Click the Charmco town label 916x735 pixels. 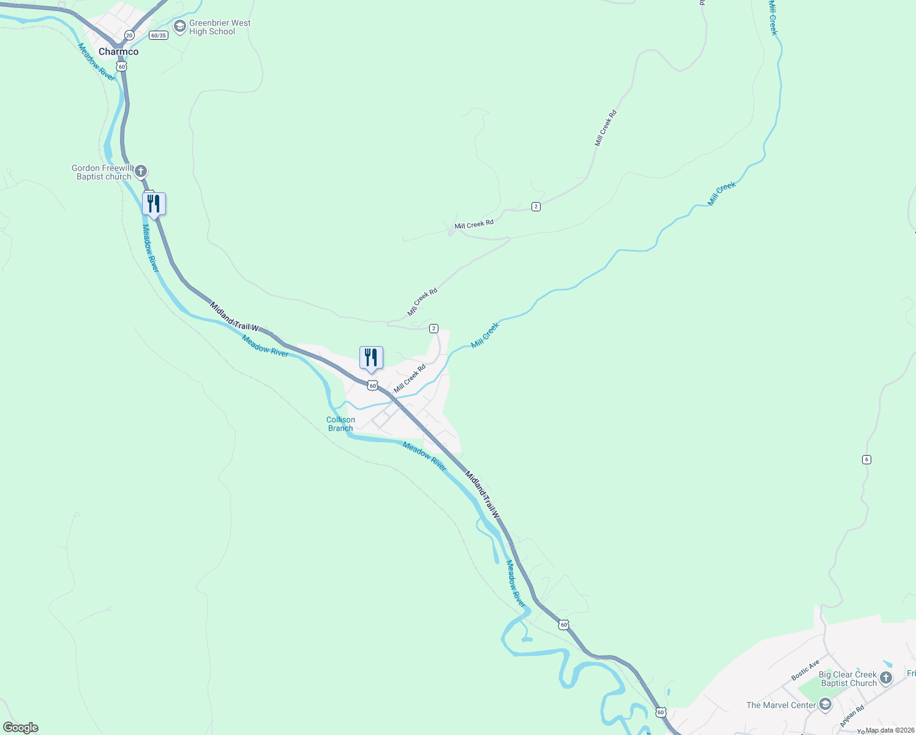[x=118, y=52]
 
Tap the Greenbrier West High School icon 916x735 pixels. [x=180, y=26]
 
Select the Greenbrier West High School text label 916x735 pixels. [x=219, y=28]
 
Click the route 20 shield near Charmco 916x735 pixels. [x=129, y=36]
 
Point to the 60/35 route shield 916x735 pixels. [x=158, y=36]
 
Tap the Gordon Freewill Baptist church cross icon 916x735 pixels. [x=141, y=171]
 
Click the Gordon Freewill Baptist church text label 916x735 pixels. [x=102, y=173]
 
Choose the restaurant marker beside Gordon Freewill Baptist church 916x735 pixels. [x=154, y=204]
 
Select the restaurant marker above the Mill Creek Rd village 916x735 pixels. [x=371, y=358]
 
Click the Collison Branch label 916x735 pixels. [x=340, y=424]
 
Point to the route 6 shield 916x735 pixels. [x=866, y=459]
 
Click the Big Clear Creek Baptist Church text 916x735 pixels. [x=848, y=679]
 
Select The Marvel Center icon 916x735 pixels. [x=825, y=705]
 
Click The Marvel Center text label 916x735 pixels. [x=781, y=705]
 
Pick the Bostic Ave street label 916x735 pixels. [x=805, y=670]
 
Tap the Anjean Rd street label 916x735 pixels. [x=852, y=716]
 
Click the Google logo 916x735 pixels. [x=21, y=728]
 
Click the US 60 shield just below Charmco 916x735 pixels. [x=122, y=66]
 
